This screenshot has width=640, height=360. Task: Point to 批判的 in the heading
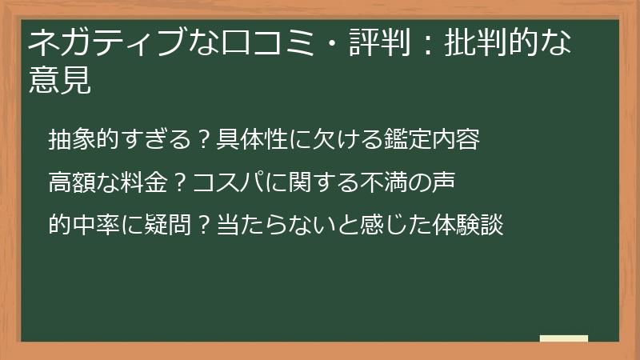pyautogui.click(x=488, y=42)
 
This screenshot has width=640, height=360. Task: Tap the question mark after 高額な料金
pyautogui.click(x=180, y=183)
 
